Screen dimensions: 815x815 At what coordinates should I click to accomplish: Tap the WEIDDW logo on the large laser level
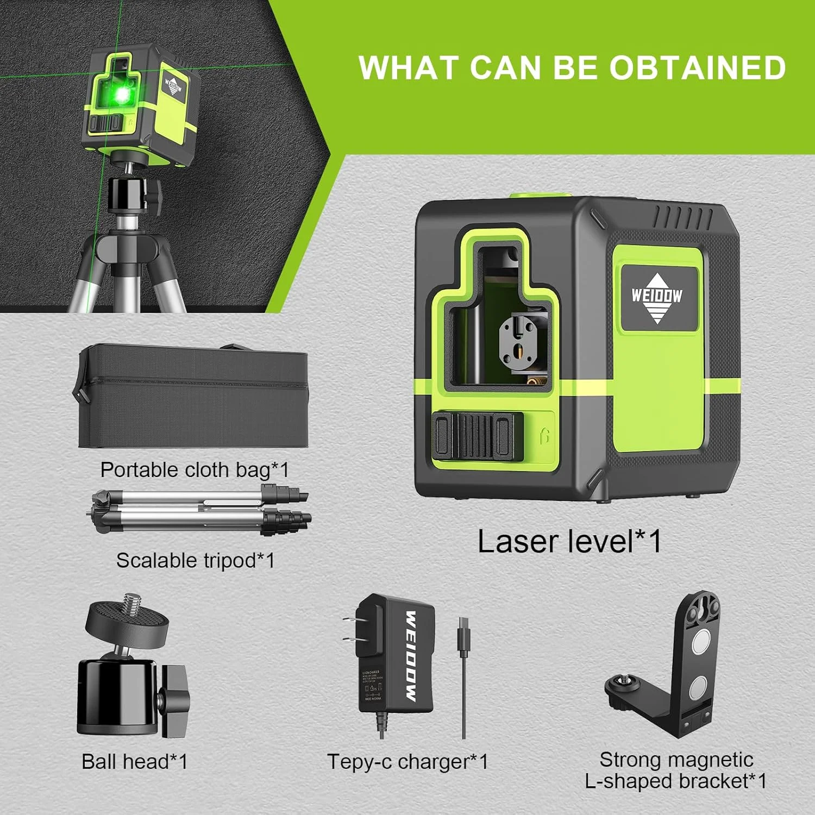657,296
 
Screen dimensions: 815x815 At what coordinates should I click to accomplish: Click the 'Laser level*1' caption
569,542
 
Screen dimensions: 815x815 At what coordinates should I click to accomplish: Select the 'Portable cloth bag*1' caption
195,470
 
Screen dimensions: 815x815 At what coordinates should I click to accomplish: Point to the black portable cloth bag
193,399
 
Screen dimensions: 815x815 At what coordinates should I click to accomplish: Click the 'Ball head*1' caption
135,762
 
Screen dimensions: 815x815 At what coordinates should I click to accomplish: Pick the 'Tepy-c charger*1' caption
407,762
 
